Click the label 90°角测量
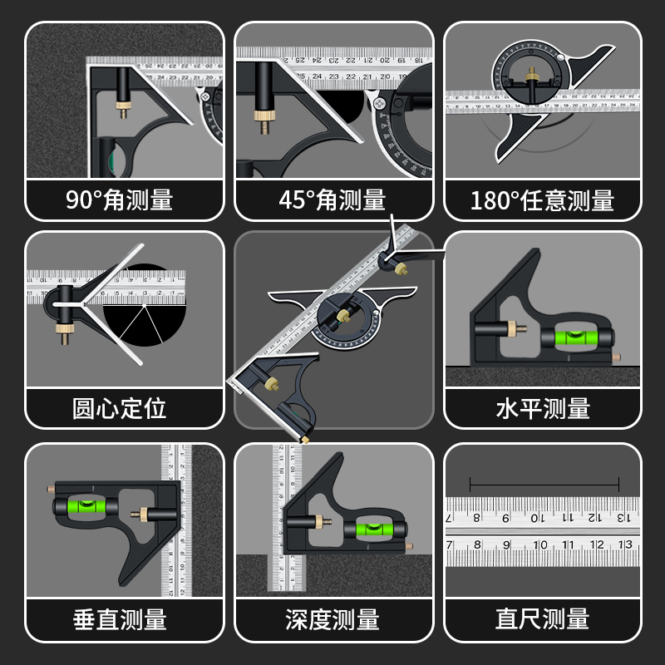tap(125, 199)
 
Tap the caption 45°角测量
tap(333, 199)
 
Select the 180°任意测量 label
tap(542, 199)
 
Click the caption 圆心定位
tap(125, 408)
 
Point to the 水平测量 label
tap(542, 408)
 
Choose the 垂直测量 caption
tap(125, 618)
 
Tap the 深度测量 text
tap(333, 618)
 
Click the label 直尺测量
tap(542, 618)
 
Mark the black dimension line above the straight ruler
tap(544, 483)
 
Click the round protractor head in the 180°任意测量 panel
tap(530, 75)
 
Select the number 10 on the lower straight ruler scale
tap(540, 546)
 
